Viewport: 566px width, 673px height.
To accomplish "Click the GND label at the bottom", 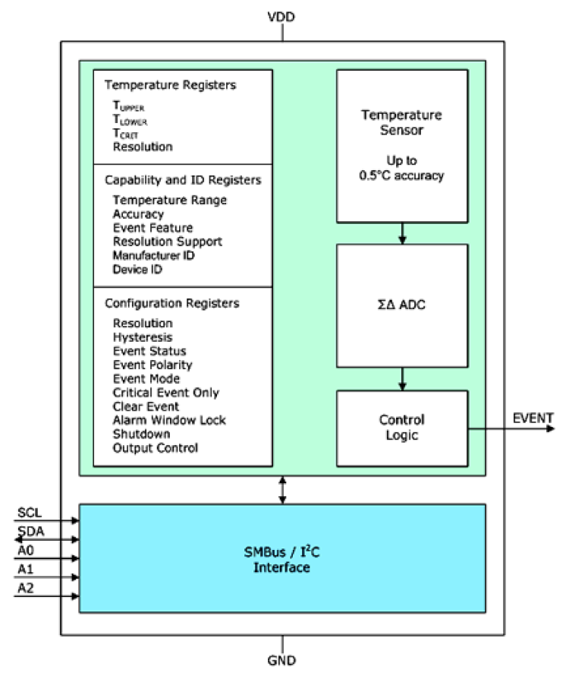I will click(x=281, y=660).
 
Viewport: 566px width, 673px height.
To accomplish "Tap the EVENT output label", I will click(x=533, y=418).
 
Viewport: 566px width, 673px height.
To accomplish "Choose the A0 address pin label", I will click(x=26, y=548).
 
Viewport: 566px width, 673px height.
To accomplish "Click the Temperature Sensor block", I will click(x=401, y=145).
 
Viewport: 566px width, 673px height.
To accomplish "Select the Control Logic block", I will click(x=401, y=428).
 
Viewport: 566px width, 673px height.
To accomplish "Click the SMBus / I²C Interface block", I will click(x=281, y=558).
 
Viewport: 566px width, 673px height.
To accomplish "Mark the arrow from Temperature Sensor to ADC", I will click(x=402, y=234).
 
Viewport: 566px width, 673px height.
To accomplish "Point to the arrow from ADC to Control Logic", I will click(x=402, y=378).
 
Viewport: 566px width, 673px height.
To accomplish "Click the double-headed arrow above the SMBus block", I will click(x=282, y=490).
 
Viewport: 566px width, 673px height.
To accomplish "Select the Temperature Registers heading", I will click(x=170, y=85).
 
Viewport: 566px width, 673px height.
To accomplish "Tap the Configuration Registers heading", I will click(x=171, y=303).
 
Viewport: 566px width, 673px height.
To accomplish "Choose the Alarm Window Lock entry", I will click(x=169, y=420).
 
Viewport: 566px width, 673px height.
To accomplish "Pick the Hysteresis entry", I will click(x=142, y=337).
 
